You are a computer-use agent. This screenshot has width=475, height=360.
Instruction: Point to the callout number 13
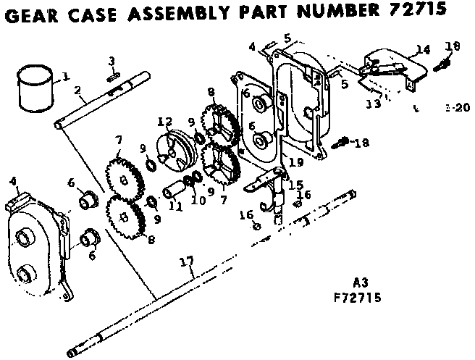373,104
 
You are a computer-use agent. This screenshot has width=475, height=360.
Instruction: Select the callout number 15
295,185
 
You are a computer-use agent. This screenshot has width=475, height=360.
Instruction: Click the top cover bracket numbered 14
391,62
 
